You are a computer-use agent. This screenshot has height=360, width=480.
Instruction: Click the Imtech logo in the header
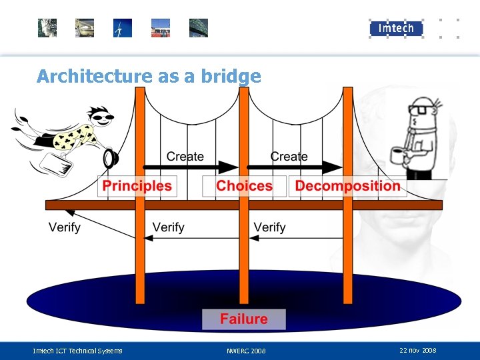click(396, 28)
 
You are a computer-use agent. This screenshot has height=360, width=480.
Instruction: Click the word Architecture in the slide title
click(95, 76)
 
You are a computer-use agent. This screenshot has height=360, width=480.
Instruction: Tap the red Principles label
click(137, 186)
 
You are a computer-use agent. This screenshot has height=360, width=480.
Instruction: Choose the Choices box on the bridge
click(244, 186)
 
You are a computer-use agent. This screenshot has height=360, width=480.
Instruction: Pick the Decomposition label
click(348, 186)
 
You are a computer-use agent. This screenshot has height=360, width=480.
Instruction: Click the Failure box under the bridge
click(244, 319)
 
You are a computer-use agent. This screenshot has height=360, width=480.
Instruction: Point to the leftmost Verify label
click(65, 227)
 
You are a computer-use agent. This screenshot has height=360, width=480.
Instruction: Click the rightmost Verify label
click(269, 227)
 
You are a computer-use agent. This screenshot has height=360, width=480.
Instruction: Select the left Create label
click(185, 157)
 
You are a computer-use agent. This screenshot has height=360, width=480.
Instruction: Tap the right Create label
click(289, 157)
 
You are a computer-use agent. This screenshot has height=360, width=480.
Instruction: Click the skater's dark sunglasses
click(102, 119)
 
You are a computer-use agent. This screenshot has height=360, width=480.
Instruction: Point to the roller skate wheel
click(110, 158)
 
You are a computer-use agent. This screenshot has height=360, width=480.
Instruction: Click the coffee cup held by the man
click(397, 156)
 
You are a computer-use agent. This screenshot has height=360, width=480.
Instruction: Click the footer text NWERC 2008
click(246, 351)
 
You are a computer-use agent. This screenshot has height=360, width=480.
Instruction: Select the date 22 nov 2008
click(418, 350)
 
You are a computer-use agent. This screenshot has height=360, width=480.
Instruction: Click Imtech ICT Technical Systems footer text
click(77, 351)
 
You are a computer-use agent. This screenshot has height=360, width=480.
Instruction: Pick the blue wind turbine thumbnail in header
click(123, 28)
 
